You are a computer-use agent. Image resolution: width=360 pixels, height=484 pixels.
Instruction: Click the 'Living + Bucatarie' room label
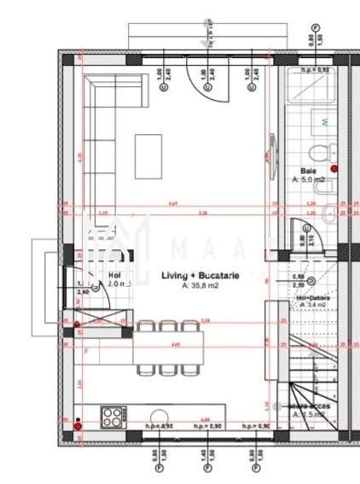tap(200, 276)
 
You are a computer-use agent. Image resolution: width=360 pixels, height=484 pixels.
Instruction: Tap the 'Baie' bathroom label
tap(309, 171)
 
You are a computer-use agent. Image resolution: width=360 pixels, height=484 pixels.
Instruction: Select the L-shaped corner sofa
tap(101, 128)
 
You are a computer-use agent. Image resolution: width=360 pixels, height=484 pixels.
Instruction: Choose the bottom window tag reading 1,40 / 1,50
tap(206, 458)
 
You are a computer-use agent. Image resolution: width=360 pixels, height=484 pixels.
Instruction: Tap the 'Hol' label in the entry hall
tap(114, 275)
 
